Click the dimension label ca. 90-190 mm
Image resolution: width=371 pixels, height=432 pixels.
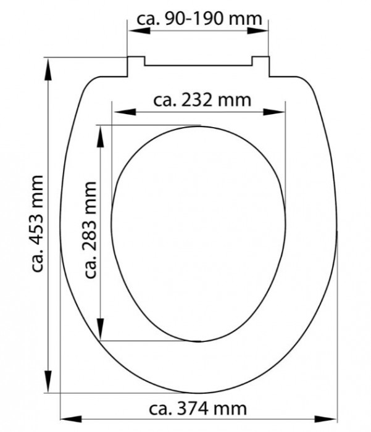pyautogui.click(x=199, y=19)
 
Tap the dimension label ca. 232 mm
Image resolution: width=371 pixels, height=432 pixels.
pyautogui.click(x=202, y=100)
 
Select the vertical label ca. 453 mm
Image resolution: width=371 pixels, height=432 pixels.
pyautogui.click(x=37, y=223)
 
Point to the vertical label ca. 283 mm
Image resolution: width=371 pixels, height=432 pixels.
pyautogui.click(x=90, y=230)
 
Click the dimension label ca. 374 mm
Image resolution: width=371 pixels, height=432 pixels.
pyautogui.click(x=198, y=409)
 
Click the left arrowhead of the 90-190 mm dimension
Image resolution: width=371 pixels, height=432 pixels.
pyautogui.click(x=139, y=30)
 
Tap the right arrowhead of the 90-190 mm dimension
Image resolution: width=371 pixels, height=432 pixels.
pyautogui.click(x=257, y=30)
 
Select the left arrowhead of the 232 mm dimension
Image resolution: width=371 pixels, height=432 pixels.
pyautogui.click(x=125, y=112)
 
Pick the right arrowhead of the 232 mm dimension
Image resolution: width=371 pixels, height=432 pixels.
pyautogui.click(x=274, y=112)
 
